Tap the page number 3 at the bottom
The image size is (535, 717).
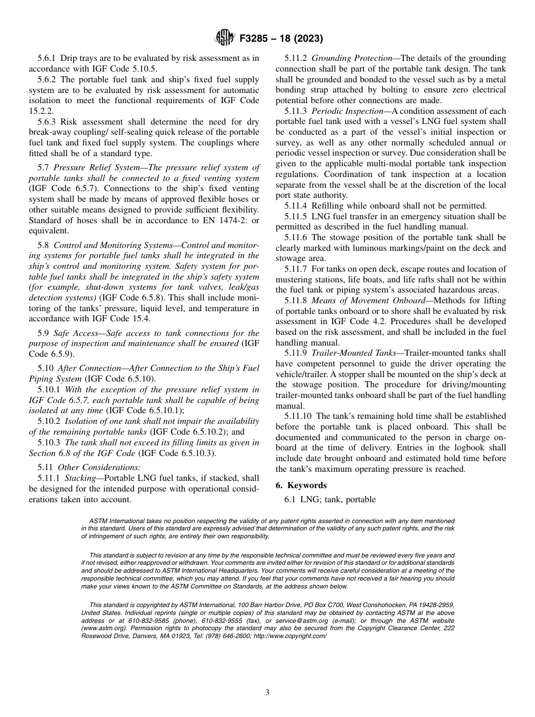(x=267, y=693)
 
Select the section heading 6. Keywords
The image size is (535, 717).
(x=301, y=485)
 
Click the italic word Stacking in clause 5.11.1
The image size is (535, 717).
(x=81, y=478)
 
